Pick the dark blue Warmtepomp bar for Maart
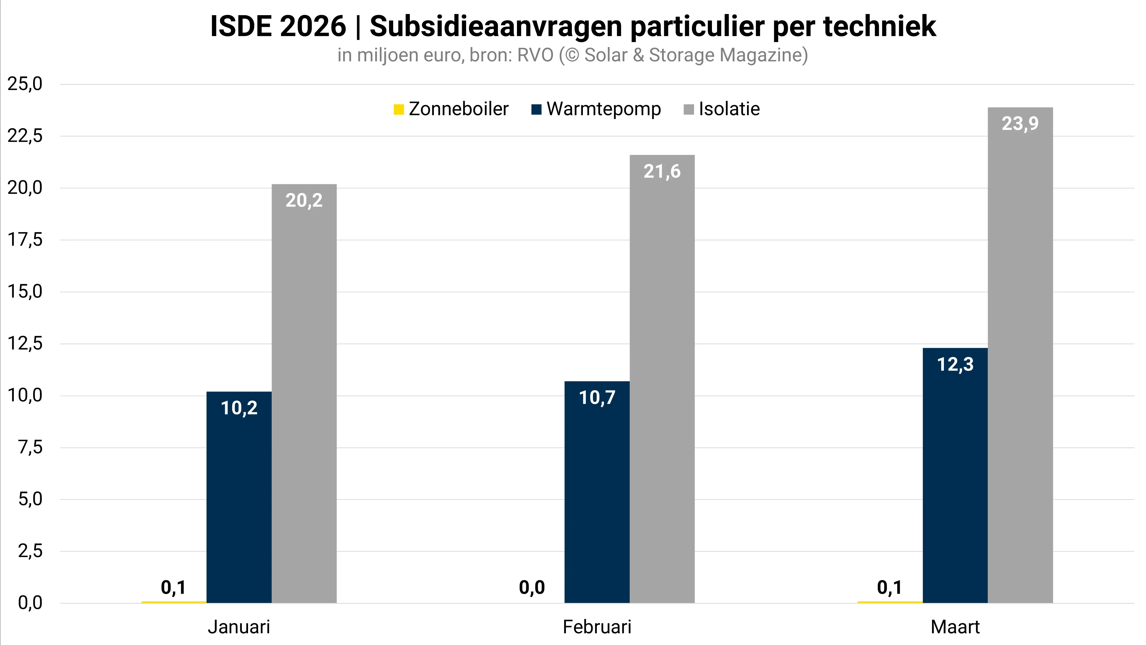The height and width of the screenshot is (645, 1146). click(x=955, y=476)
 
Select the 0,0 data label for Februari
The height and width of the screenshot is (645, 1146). click(x=532, y=588)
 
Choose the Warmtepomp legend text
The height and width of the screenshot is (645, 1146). click(x=604, y=109)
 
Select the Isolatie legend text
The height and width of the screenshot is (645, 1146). click(x=729, y=109)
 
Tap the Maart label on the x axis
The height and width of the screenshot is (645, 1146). click(x=955, y=627)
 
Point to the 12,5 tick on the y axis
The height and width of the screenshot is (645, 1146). click(x=25, y=344)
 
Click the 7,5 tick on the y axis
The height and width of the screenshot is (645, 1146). click(x=30, y=447)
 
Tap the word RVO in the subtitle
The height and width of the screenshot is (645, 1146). click(x=535, y=55)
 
